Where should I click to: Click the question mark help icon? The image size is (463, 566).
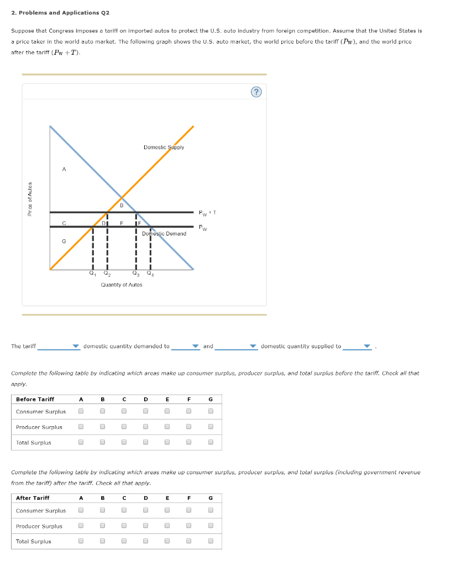pyautogui.click(x=256, y=92)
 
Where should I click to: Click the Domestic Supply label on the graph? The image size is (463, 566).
pyautogui.click(x=164, y=148)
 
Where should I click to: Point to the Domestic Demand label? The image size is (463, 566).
pyautogui.click(x=164, y=234)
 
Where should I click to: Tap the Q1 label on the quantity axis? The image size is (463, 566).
pyautogui.click(x=92, y=272)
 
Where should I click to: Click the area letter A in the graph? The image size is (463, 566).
pyautogui.click(x=64, y=170)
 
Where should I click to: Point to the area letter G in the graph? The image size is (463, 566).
pyautogui.click(x=64, y=241)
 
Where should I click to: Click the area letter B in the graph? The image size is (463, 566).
pyautogui.click(x=122, y=205)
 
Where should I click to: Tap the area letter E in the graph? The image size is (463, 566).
pyautogui.click(x=122, y=223)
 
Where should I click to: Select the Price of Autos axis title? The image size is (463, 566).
pyautogui.click(x=30, y=199)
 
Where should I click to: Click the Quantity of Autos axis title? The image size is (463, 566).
pyautogui.click(x=122, y=285)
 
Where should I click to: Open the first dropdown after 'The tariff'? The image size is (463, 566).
pyautogui.click(x=59, y=347)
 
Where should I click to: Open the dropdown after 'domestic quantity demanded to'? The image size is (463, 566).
pyautogui.click(x=185, y=347)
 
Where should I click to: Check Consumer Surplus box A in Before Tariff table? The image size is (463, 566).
pyautogui.click(x=81, y=411)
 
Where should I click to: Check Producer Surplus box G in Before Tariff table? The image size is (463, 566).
pyautogui.click(x=210, y=427)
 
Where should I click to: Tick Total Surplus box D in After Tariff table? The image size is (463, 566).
pyautogui.click(x=146, y=541)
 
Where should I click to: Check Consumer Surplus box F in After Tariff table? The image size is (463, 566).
pyautogui.click(x=189, y=510)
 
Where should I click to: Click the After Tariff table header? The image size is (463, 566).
pyautogui.click(x=33, y=498)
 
